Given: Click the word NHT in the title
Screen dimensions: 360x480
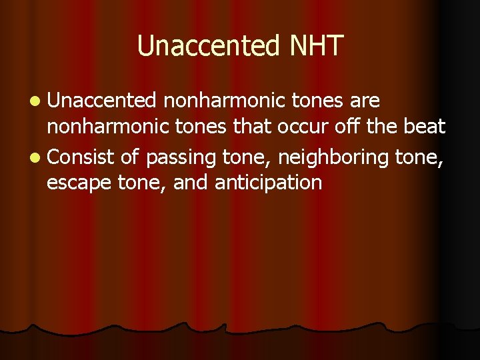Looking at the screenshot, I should (317, 46).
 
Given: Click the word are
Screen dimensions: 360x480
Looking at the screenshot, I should (363, 101).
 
